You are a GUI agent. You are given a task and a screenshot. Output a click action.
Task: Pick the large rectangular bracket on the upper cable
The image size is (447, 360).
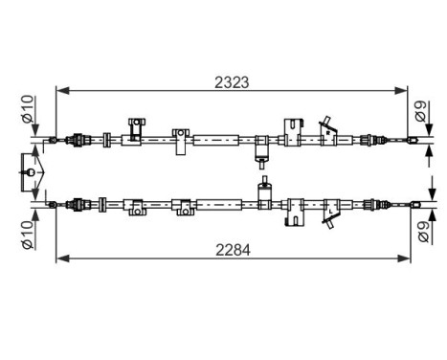click(294, 132)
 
